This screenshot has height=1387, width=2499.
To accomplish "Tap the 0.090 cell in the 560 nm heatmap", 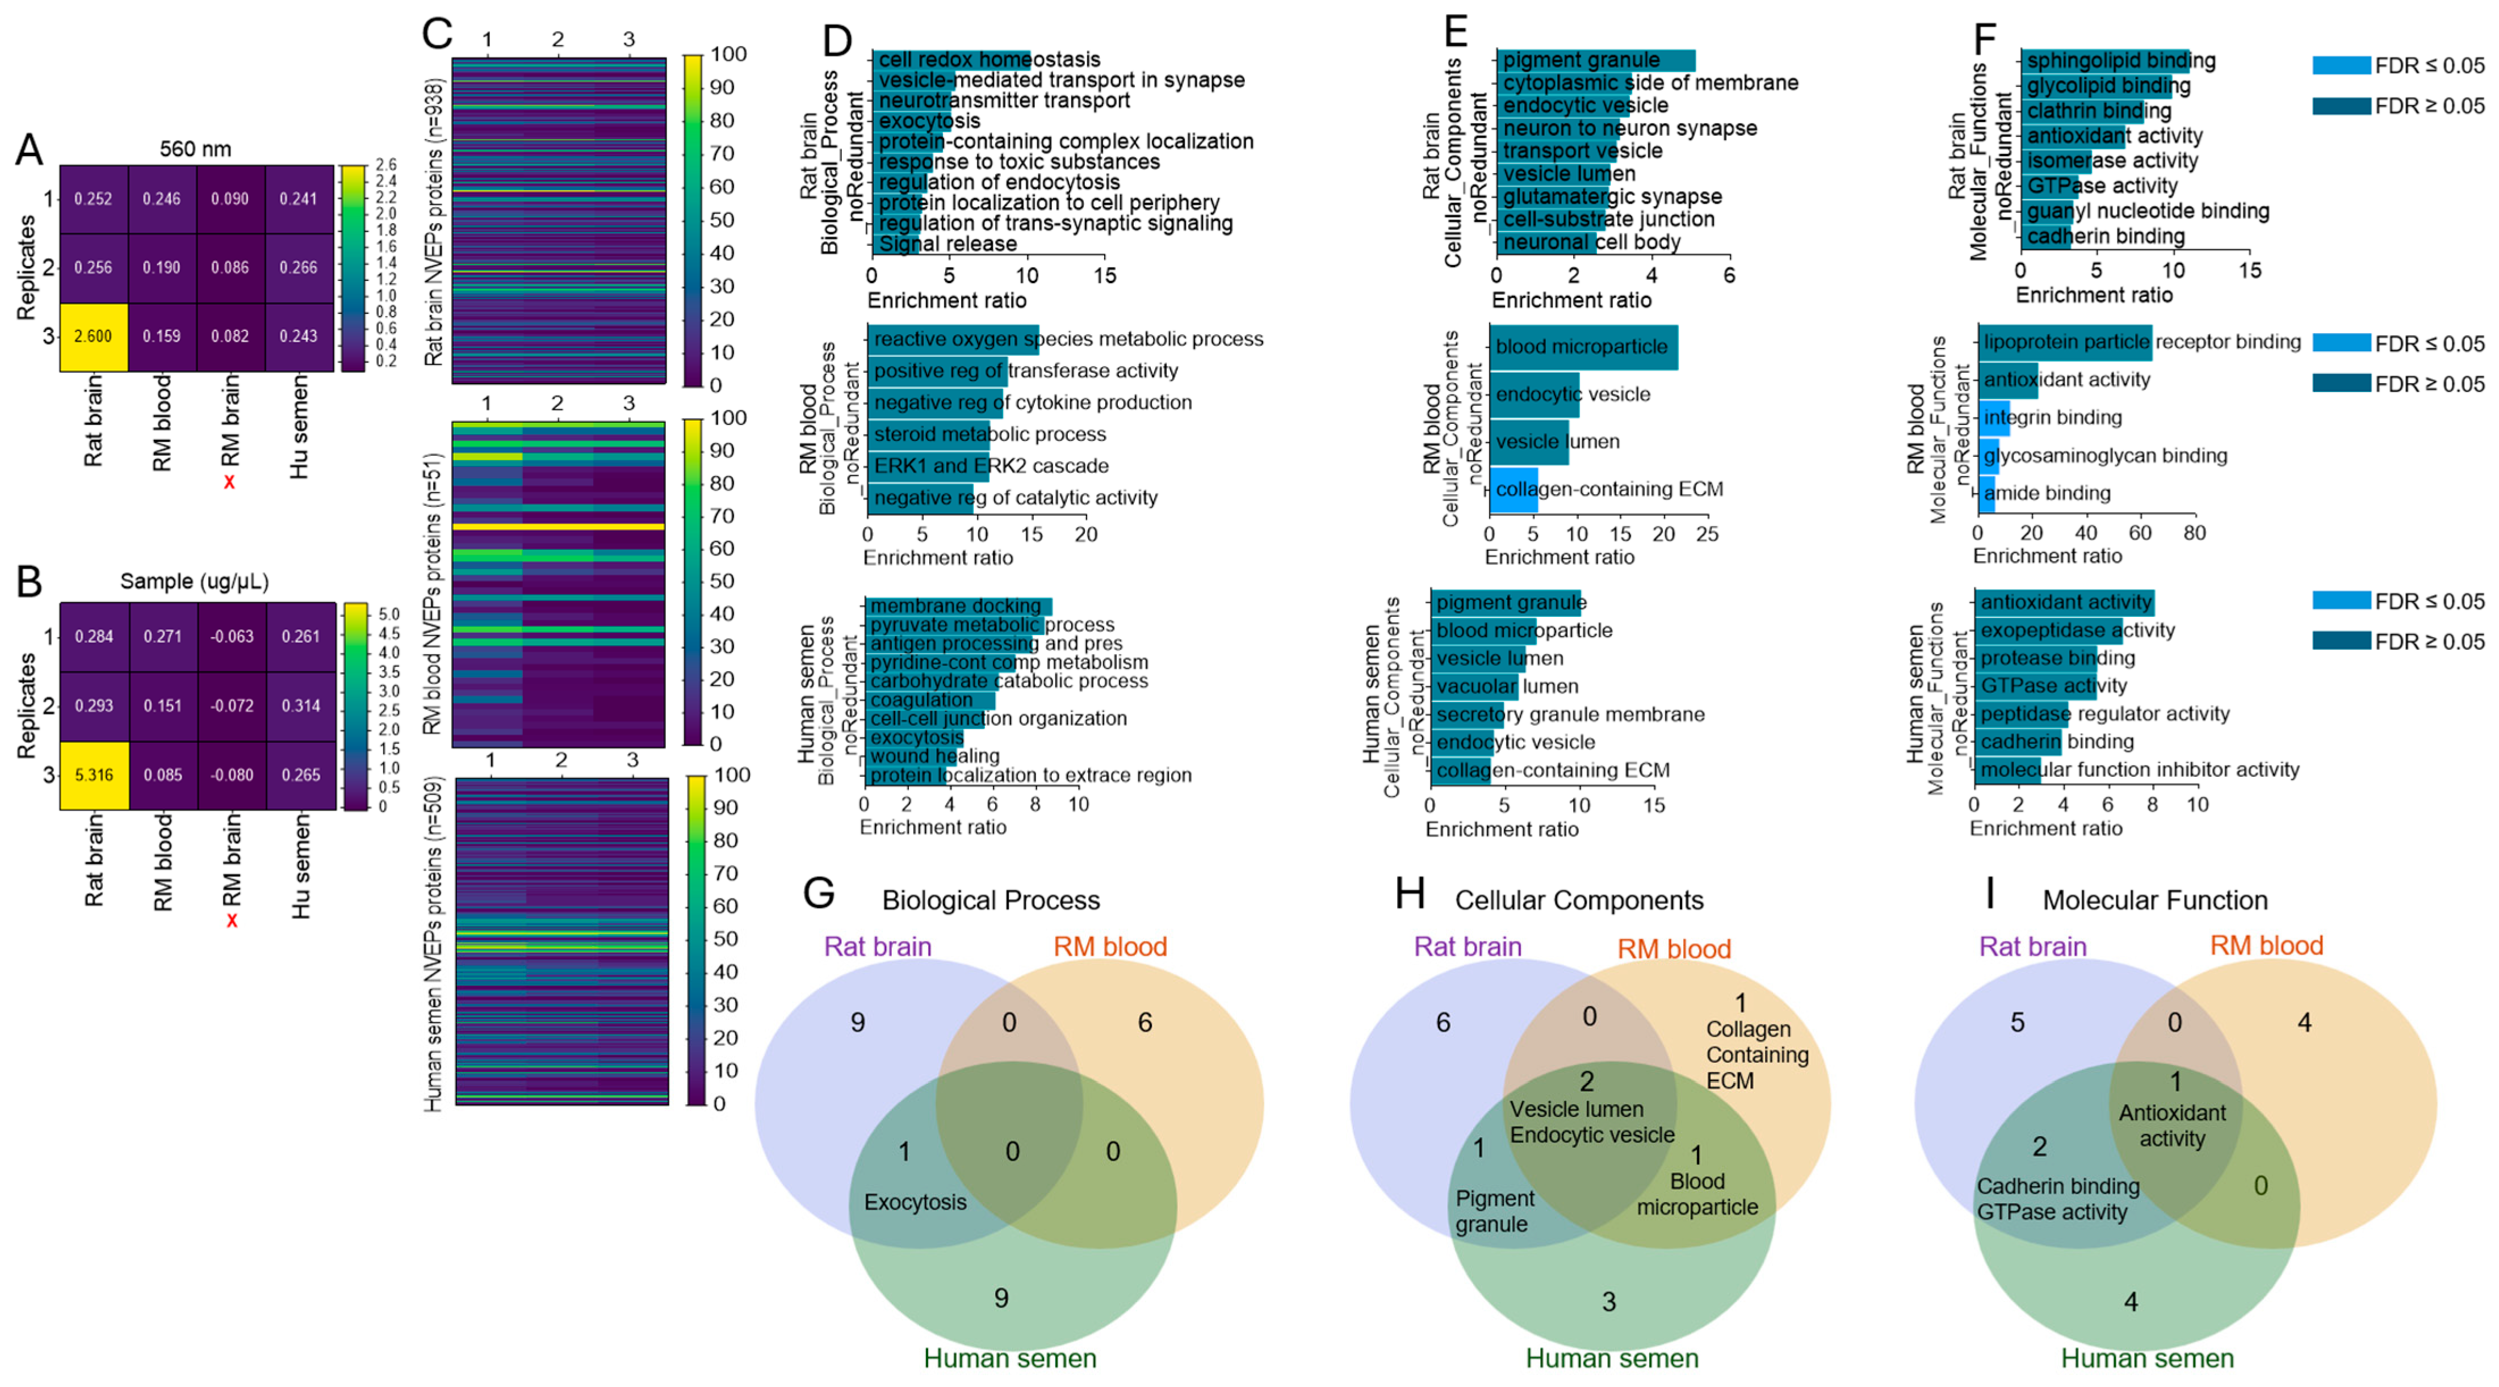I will [x=230, y=199].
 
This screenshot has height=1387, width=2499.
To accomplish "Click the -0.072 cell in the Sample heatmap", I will [x=232, y=706].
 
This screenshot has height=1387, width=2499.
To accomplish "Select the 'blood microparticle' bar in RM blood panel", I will [x=1583, y=347].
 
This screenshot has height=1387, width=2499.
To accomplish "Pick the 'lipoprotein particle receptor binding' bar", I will [x=2064, y=342].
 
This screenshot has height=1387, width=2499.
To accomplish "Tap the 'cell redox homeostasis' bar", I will [x=951, y=60].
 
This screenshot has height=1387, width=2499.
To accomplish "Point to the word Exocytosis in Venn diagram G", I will [x=915, y=1202].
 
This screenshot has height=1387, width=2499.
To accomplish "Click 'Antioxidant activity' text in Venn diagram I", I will [x=2172, y=1126].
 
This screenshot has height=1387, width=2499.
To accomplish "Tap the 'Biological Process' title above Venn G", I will [x=991, y=900].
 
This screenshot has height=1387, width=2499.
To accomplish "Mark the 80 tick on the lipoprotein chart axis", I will [x=2194, y=532].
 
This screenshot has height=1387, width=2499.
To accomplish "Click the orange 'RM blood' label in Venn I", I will [x=2266, y=945].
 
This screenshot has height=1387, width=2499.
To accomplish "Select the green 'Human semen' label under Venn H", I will [x=1611, y=1358].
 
